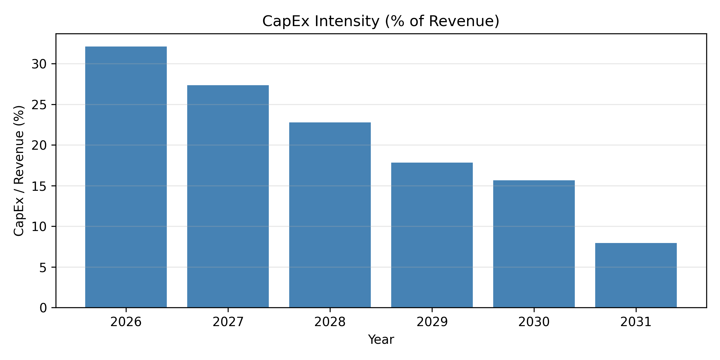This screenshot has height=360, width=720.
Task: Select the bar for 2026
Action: coord(126,177)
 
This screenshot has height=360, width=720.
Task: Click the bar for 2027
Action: coord(228,196)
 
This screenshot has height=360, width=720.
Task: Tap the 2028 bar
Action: coord(330,215)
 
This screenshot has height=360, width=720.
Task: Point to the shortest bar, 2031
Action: coord(636,275)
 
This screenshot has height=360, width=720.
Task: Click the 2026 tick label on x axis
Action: coord(126,322)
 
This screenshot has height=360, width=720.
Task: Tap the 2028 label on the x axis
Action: coord(330,322)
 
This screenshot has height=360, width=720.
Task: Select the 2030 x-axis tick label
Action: coord(534,322)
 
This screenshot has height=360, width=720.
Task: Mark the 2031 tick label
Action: coord(636,322)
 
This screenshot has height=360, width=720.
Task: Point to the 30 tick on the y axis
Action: coord(39,64)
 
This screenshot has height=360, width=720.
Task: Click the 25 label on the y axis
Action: coord(39,105)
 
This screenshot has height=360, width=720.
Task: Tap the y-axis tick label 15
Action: coord(39,186)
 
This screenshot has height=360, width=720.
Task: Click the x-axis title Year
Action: coord(381,340)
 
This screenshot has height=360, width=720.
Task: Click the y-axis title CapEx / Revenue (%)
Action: coord(19,171)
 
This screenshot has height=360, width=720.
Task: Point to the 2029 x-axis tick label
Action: coord(432,322)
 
